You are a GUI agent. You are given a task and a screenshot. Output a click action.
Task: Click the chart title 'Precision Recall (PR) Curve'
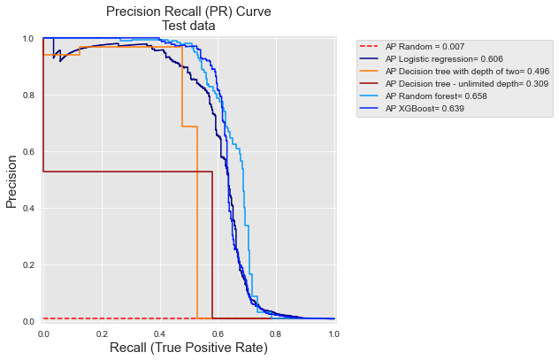tap(188, 11)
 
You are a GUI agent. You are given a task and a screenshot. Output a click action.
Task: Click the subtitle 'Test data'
tap(188, 26)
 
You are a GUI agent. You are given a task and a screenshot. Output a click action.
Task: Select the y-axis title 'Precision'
tap(12, 181)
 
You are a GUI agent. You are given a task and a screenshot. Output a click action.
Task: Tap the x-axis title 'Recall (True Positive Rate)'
tap(188, 348)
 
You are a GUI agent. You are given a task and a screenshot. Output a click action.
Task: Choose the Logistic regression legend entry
tap(444, 58)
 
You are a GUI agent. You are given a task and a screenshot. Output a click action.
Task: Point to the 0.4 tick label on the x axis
tap(159, 332)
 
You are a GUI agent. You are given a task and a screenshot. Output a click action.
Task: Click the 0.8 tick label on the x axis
tap(276, 332)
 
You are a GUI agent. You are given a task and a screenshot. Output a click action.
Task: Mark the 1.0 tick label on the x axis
tap(333, 332)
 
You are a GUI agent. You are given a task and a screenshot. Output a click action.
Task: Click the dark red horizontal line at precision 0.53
tap(124, 172)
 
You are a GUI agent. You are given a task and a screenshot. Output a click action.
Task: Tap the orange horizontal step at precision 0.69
tap(188, 126)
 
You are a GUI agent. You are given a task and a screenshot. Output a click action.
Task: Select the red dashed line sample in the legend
tap(371, 46)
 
